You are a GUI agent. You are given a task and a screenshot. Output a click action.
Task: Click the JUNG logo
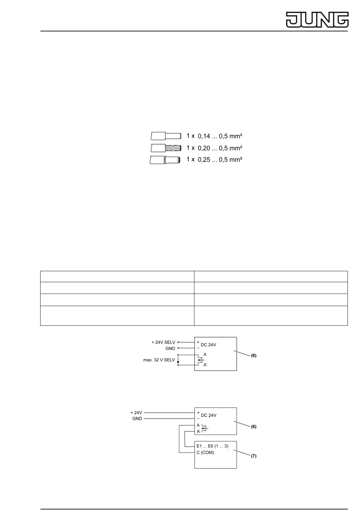[x=317, y=19]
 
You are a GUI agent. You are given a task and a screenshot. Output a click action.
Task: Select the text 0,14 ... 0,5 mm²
[x=220, y=136]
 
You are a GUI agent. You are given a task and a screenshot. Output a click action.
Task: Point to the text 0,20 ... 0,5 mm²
[x=220, y=148]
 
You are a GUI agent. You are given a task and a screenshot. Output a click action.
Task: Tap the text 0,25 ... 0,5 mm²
[x=220, y=160]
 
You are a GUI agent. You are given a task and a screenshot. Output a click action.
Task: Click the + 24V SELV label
[x=164, y=342]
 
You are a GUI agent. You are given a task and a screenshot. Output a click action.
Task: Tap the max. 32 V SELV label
[x=159, y=360]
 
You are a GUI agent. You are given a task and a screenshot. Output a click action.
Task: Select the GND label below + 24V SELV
[x=170, y=348]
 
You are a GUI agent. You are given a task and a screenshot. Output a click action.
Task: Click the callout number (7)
[x=254, y=456]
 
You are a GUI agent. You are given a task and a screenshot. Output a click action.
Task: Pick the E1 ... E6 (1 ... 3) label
[x=212, y=446]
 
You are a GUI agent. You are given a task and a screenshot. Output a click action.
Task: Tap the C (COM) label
[x=205, y=452]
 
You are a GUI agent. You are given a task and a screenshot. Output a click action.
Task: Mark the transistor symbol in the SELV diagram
[x=200, y=360]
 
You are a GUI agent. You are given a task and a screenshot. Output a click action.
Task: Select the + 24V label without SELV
[x=136, y=413]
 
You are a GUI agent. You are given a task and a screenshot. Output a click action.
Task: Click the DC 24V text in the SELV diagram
[x=208, y=345]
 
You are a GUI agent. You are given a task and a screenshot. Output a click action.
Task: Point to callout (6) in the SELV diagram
[x=254, y=356]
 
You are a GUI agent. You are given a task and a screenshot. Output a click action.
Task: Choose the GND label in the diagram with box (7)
[x=137, y=419]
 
